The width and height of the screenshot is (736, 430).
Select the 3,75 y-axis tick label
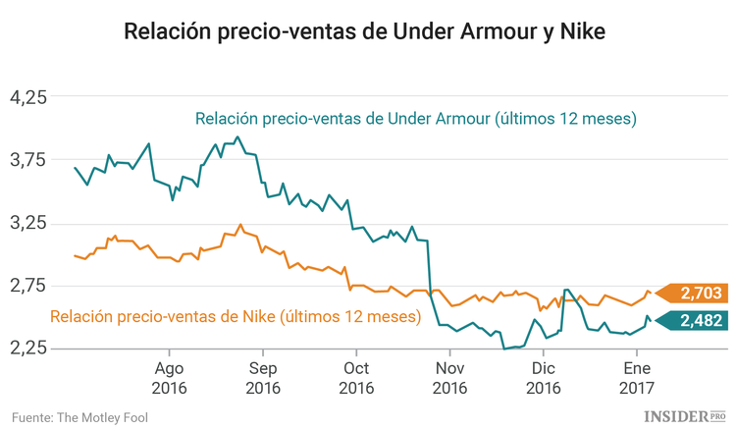point(27,160)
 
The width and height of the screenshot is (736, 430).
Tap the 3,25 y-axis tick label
point(27,223)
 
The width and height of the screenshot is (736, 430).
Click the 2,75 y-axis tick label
point(27,286)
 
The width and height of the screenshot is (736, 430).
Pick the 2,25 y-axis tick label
point(27,349)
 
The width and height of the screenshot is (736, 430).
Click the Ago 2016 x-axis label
point(169,378)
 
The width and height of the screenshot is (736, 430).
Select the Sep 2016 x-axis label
point(262,378)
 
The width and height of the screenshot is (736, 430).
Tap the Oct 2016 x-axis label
point(355,378)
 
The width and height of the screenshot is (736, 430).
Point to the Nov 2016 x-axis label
point(449,378)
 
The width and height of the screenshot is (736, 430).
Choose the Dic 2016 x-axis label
point(543,378)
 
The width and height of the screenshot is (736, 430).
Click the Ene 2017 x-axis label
point(636,378)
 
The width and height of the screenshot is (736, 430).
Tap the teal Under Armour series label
point(416,120)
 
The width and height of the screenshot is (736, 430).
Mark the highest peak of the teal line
point(237,137)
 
